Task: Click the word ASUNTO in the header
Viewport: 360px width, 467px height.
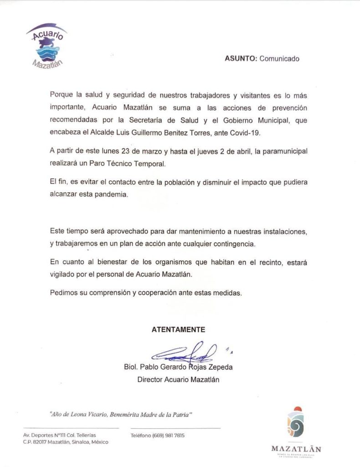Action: [241, 58]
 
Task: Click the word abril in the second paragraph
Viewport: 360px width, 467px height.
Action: [257, 150]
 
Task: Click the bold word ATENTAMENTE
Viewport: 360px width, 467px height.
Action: [178, 329]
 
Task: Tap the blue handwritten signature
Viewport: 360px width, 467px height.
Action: [185, 352]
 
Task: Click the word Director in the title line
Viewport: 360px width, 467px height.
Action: [150, 379]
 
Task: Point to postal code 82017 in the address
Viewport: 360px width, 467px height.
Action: [41, 442]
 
